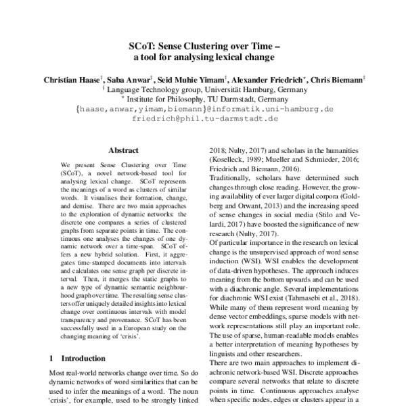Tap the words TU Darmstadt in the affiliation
238,97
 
